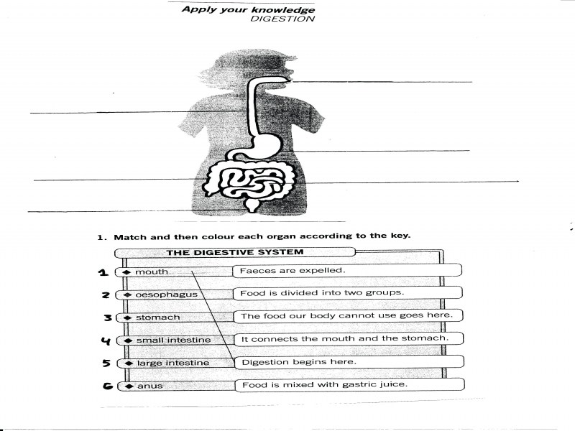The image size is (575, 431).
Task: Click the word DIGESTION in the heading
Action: (282, 19)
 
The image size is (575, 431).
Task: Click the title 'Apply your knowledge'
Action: (248, 9)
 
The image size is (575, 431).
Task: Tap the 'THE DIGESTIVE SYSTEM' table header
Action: (235, 252)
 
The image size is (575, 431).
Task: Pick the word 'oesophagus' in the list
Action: (166, 295)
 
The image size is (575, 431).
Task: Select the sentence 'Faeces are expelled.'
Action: (293, 271)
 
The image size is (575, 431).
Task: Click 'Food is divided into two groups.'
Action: (322, 293)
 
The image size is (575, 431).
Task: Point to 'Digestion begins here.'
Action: (298, 361)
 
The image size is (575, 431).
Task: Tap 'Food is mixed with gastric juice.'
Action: (324, 384)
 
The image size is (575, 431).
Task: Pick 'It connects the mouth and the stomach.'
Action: (344, 338)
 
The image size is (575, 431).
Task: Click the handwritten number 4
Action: (105, 340)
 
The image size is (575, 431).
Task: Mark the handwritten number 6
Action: (106, 386)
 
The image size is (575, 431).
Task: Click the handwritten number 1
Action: (103, 272)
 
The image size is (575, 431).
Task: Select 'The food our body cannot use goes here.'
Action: (346, 315)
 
